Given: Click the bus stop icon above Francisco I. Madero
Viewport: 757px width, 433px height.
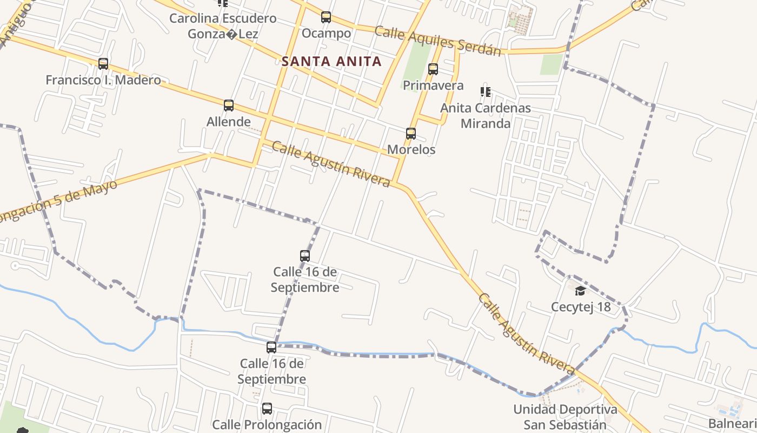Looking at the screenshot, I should point(103,64).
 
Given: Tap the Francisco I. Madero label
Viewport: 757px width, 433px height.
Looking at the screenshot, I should point(103,80).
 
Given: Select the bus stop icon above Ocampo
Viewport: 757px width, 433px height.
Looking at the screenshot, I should point(326,17).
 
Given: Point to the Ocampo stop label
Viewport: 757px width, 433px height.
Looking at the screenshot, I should point(326,34).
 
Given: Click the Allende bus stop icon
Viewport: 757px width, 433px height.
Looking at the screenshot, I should point(229,106).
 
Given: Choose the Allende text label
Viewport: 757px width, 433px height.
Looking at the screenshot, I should point(229,122).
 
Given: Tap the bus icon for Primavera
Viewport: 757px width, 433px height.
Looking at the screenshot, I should point(433,69).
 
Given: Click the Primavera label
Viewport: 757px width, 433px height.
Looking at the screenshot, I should point(433,86).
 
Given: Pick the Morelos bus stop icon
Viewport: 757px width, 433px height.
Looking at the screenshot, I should point(411,134).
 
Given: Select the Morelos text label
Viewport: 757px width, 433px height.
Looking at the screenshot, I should point(411,149).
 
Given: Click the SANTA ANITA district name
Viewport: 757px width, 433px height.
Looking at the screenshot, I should point(331,62).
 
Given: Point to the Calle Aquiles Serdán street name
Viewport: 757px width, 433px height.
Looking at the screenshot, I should point(438,41).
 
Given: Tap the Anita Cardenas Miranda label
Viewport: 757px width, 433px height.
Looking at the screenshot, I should point(486,115).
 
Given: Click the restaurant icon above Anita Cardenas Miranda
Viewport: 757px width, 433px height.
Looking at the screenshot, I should point(486,92).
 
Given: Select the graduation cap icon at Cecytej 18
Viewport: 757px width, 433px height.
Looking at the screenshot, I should point(580,291).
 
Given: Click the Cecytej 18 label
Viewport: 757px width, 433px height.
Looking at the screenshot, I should point(580,307).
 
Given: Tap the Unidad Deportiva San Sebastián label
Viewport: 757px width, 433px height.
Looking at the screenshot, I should point(565,417).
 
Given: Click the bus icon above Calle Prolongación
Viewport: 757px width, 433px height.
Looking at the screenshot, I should point(267,409).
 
